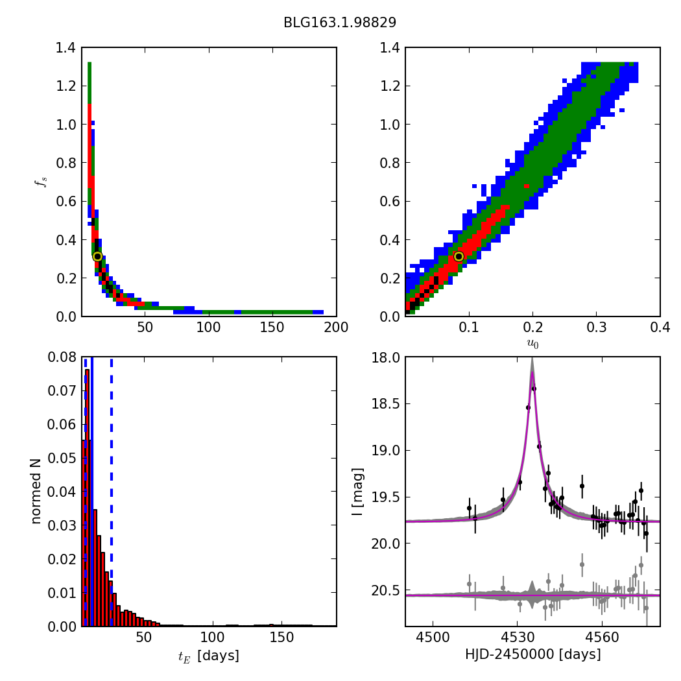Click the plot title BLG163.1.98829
pos(340,23)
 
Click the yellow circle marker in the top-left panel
pos(97,256)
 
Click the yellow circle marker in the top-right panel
pos(459,256)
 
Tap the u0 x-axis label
pos(532,344)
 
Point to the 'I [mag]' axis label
pos(357,492)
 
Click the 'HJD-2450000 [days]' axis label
pos(532,655)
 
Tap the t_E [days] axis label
pos(208,656)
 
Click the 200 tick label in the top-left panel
pos(336,328)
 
